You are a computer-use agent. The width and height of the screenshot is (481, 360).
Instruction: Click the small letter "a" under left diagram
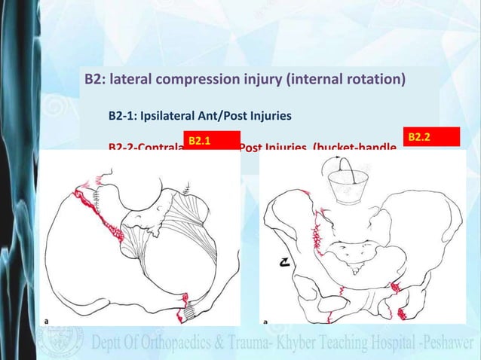point(47,321)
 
